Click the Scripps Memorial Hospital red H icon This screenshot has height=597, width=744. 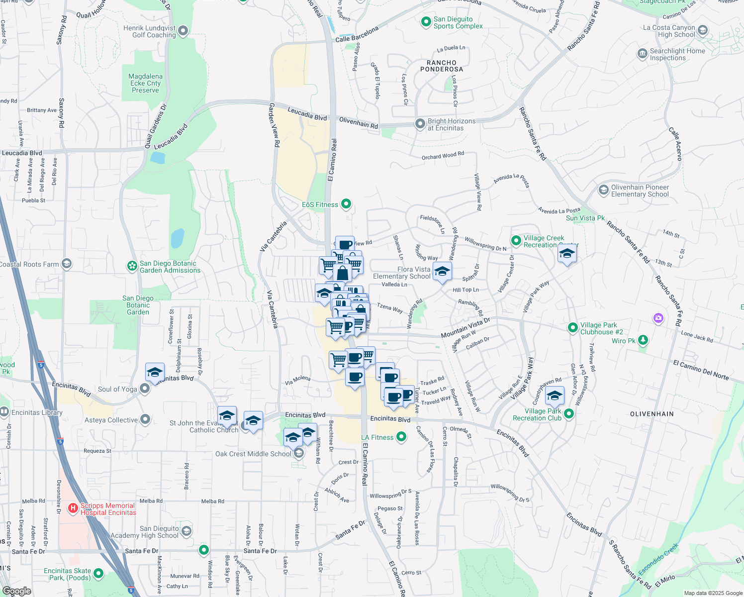pos(73,508)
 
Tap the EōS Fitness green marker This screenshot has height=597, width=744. pos(346,204)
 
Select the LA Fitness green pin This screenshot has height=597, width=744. pos(401,437)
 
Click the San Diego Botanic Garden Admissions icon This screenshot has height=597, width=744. pos(132,266)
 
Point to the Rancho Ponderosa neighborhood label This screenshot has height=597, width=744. pos(442,66)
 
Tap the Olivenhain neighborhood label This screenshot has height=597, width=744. pos(651,414)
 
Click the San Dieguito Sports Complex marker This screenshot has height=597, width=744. pos(426,22)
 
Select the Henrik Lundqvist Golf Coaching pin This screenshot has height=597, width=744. pos(183,31)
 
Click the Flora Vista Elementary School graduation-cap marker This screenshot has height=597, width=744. pos(442,272)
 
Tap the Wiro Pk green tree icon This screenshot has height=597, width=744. pos(643,340)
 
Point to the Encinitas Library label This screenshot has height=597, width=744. pos(37,412)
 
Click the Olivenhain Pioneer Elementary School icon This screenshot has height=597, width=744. pos(603,190)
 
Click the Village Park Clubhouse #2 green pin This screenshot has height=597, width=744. pos(573,328)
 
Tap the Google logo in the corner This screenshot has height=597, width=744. pos(16,591)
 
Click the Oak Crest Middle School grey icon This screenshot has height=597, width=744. pos(298,453)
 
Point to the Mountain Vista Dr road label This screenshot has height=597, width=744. pos(465,328)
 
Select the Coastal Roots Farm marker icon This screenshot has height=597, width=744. pos(67,264)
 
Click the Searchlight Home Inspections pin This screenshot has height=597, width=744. pos(642,54)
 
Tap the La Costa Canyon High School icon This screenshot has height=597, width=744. pos(702,30)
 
